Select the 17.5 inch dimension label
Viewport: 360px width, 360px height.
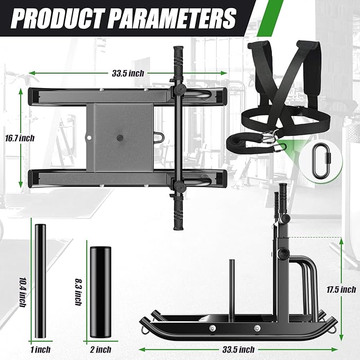pyautogui.click(x=340, y=289)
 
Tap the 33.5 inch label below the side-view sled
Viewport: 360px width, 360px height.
pyautogui.click(x=238, y=349)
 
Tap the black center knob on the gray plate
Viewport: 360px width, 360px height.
pyautogui.click(x=119, y=138)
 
